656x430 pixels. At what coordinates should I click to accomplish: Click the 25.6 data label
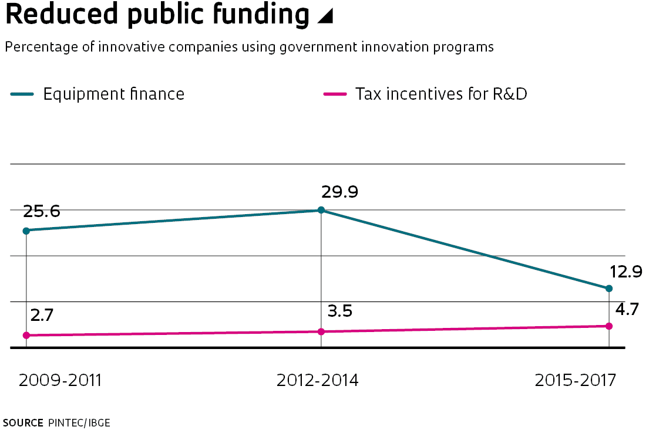42,212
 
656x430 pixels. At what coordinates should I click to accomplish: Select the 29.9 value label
339,192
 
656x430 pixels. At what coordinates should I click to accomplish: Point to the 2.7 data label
42,315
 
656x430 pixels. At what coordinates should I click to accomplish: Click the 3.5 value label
339,311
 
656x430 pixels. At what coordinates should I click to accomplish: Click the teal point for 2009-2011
26,231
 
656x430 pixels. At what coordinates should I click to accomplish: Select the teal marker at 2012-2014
321,210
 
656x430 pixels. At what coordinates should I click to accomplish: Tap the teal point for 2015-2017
608,289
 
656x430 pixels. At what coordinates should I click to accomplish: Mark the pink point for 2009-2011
26,336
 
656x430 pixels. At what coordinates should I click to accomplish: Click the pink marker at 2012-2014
321,332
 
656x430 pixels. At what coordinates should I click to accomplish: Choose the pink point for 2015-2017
608,326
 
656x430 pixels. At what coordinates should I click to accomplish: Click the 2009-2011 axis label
60,380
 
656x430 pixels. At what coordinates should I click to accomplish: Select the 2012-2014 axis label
317,380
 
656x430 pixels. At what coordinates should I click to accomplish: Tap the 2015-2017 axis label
576,380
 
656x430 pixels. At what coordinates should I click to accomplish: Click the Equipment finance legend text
114,94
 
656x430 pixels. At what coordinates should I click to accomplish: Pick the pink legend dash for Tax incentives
334,94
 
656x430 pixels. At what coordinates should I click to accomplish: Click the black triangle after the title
325,18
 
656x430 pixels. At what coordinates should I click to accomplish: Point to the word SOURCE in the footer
23,422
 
